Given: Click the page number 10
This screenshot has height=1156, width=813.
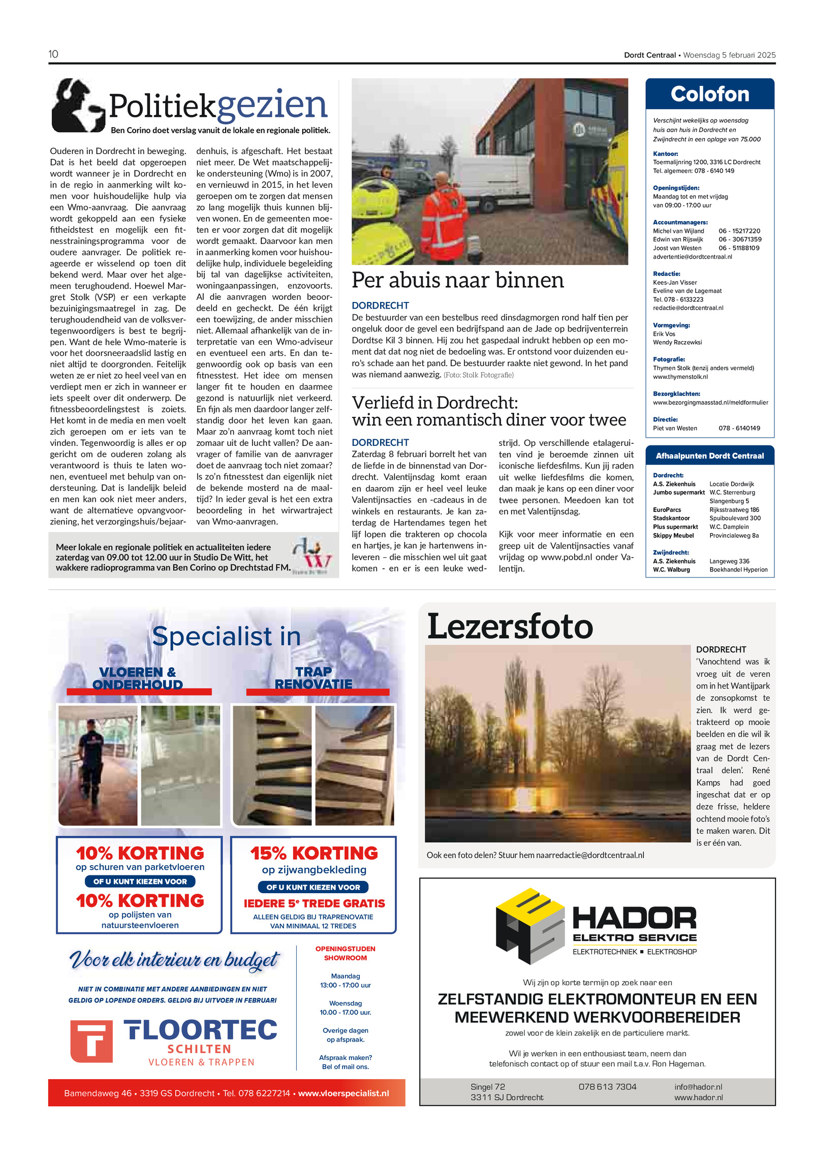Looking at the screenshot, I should click(53, 54).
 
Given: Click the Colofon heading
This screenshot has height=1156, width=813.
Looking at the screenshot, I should click(709, 95).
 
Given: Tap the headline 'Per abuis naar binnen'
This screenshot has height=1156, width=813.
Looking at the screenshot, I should click(457, 280).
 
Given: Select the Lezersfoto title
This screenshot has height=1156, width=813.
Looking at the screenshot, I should click(510, 626).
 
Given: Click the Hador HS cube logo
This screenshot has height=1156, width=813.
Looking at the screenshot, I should click(530, 925).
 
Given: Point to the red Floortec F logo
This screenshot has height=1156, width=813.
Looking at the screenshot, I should click(91, 1041).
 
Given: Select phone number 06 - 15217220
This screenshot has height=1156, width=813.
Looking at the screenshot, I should click(739, 231).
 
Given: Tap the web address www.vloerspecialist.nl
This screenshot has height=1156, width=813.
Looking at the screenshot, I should click(343, 1093).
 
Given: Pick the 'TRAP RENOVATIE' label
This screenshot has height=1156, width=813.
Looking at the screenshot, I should click(313, 678).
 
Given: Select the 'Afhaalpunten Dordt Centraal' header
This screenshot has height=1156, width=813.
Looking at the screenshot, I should click(709, 456).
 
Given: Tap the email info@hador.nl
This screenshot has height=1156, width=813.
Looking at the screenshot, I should click(698, 1086).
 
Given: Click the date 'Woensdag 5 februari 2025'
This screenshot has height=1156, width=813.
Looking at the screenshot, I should click(729, 55).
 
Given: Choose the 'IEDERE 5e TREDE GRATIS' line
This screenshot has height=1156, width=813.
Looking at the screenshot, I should click(314, 903).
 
